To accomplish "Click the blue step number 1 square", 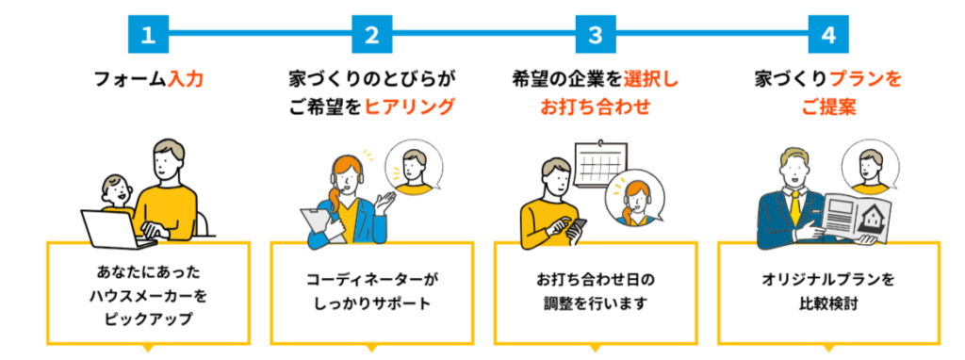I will pos(147,35).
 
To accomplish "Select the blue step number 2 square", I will pos(371,35).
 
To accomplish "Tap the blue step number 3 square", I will pos(595,35).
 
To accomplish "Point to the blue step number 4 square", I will pos(827,35).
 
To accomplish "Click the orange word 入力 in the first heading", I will pos(185,80).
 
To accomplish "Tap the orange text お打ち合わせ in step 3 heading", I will pos(595,106).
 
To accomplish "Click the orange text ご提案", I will pos(828,106).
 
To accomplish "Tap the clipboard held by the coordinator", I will pos(314,222).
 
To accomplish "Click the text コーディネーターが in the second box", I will pos(371,280).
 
